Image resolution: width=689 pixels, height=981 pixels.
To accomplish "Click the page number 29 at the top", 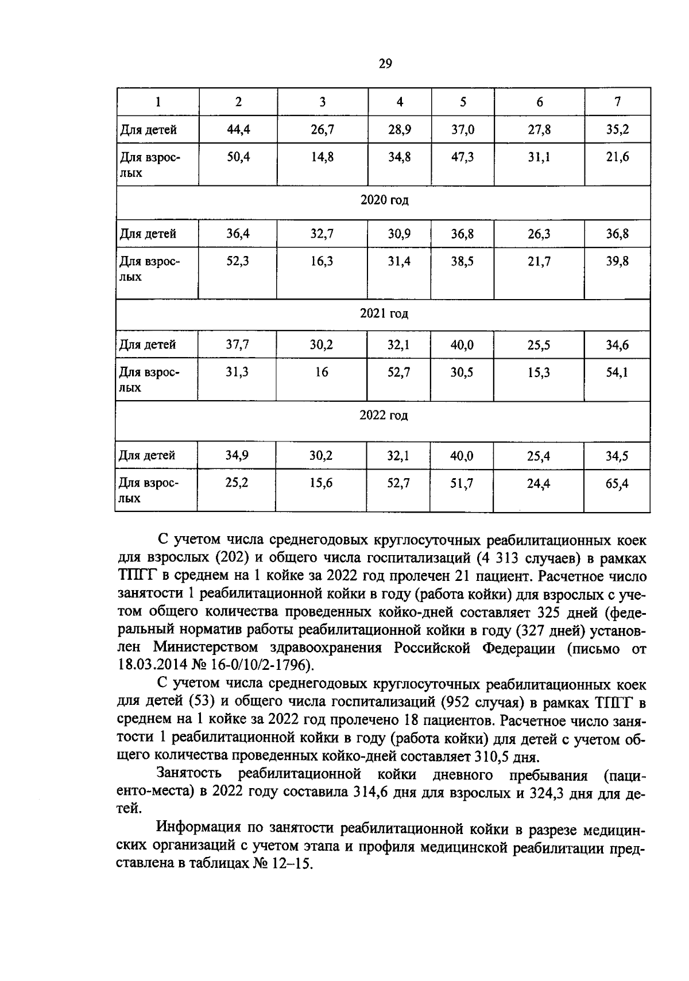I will pos(385,64).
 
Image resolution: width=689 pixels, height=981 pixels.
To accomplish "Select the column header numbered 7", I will pos(617,102).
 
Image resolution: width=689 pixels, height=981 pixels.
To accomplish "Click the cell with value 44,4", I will pos(238,130).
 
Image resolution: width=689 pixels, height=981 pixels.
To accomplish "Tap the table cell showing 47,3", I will pos(462,157).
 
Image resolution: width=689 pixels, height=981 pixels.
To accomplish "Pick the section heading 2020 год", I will pos(384,200).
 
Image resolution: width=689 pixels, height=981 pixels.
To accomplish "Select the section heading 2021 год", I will pos(384,313).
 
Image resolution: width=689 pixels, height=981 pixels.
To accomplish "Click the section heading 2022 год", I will pos(384,415).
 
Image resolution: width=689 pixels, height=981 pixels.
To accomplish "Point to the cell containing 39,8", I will pos(617,262).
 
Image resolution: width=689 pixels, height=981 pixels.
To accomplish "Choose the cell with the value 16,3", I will pos(322,262).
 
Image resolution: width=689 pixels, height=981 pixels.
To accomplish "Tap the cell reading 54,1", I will pos(617,373).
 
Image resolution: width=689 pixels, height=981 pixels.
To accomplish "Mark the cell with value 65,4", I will pos(617,483).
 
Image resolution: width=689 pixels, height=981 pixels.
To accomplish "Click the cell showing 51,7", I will pos(462,483).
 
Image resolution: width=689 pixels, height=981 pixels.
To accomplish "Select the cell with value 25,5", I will pos(539,345).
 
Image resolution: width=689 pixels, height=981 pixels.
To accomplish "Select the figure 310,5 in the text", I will pos(496,755).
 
